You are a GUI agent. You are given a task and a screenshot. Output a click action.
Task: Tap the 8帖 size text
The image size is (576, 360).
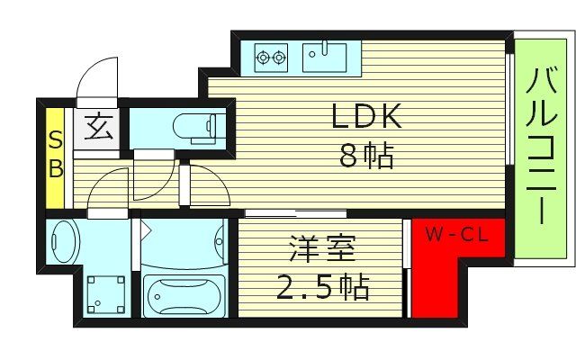(366, 157)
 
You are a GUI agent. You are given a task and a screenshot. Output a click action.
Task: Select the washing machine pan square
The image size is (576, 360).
(104, 293)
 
